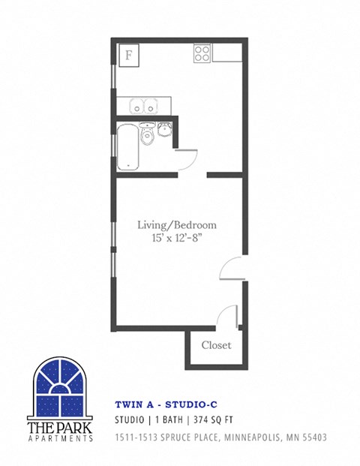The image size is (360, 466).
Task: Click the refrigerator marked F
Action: (x=128, y=56)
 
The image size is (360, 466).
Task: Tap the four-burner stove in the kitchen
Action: (x=202, y=53)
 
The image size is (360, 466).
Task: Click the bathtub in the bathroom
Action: (x=127, y=147)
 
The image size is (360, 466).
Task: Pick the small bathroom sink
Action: (x=165, y=128)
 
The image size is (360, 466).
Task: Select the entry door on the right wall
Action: (x=232, y=270)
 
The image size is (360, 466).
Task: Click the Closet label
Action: (x=216, y=346)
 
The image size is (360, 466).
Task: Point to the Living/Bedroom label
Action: (x=178, y=224)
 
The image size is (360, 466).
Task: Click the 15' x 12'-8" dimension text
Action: (x=178, y=239)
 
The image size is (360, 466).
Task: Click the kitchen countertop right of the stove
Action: (x=226, y=53)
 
